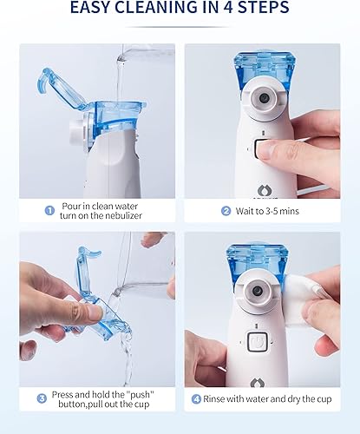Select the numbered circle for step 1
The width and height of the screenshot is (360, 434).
coord(49,209)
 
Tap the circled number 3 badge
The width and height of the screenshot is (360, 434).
coord(41,398)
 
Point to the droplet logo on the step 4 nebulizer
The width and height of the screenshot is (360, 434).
coord(259,381)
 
